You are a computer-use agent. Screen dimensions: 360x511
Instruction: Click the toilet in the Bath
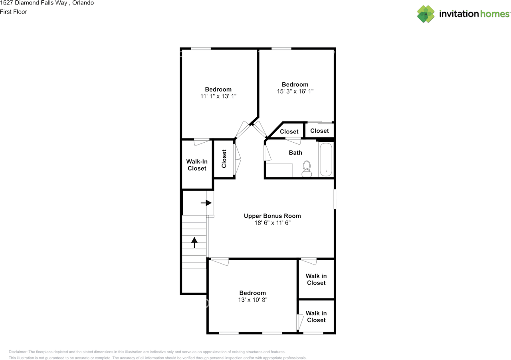coord(307,169)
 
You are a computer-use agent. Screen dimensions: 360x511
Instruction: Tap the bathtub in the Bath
coord(326,160)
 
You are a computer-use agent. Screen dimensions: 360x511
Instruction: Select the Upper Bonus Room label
coord(272,216)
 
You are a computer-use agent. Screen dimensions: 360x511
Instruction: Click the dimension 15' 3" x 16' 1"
coord(295,91)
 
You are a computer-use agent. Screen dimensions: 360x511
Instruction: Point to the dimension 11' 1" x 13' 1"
coord(218,96)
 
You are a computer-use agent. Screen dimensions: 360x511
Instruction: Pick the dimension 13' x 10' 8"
coord(253,300)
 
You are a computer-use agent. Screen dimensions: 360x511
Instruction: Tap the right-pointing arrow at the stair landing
coord(206,203)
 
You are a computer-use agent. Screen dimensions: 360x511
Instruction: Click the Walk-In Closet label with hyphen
coord(197,165)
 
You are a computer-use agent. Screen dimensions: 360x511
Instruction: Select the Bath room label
coord(295,153)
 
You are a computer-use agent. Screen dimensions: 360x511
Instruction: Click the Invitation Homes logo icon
coord(426,14)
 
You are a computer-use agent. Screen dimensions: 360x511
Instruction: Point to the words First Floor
coord(14,12)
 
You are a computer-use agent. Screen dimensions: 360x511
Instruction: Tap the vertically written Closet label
coord(224,158)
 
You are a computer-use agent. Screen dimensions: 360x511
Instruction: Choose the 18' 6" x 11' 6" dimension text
coord(272,223)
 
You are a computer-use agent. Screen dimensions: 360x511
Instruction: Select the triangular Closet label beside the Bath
coord(289,131)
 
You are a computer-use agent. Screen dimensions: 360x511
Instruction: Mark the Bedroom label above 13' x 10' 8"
coord(253,293)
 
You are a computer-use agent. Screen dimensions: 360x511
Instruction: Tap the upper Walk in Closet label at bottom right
coord(316,279)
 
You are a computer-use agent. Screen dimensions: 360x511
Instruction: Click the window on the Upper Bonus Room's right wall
coord(335,199)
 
